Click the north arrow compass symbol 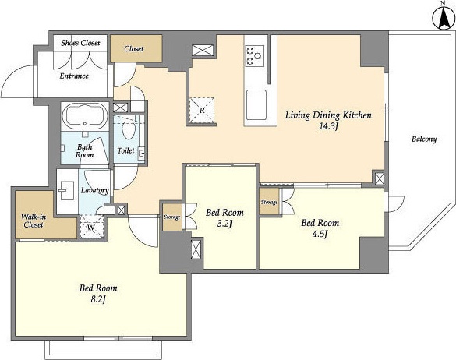(444, 18)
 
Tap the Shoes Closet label (80, 43)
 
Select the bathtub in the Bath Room (85, 115)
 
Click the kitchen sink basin (256, 104)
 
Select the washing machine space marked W (91, 227)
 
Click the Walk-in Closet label (34, 221)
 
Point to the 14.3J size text (328, 126)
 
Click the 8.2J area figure (98, 299)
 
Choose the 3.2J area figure (224, 224)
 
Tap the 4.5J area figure (320, 234)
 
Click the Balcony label (424, 139)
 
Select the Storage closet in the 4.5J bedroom (269, 202)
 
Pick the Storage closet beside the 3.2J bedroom (171, 217)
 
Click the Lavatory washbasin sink (67, 191)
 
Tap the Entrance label (74, 76)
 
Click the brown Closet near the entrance (136, 48)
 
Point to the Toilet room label (126, 150)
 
